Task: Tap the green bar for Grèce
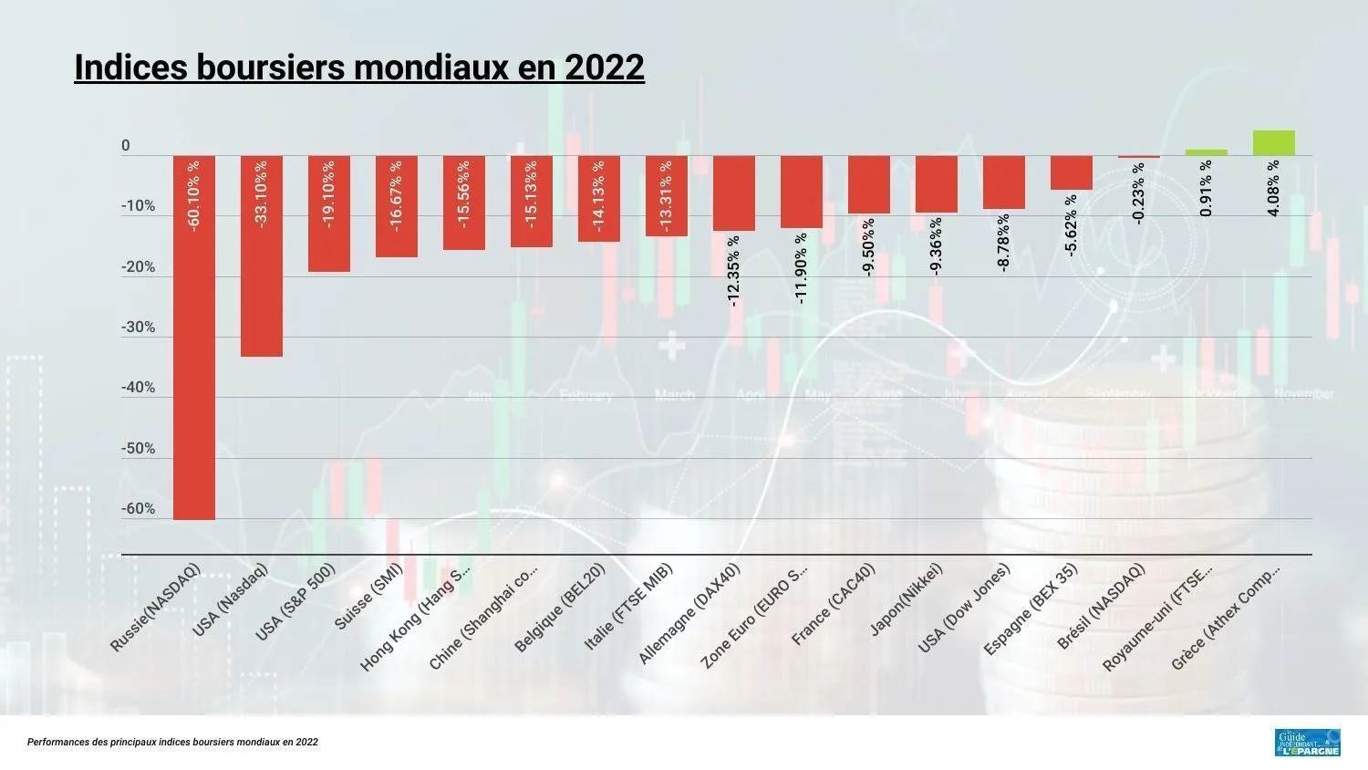pos(1273,143)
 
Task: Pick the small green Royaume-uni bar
pos(1206,152)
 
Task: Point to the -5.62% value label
pos(1072,224)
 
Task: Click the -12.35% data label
pos(734,270)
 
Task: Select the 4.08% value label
pos(1273,188)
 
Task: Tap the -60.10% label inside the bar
pos(194,196)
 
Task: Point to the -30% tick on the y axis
pos(139,328)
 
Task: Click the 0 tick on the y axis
pos(126,146)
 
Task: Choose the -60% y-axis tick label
pos(139,509)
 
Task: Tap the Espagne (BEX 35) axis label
pos(1031,609)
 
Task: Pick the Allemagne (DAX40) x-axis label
pos(689,613)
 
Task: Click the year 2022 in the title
pos(605,68)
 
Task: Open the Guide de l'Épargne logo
pos(1307,742)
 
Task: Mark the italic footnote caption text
pos(172,743)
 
